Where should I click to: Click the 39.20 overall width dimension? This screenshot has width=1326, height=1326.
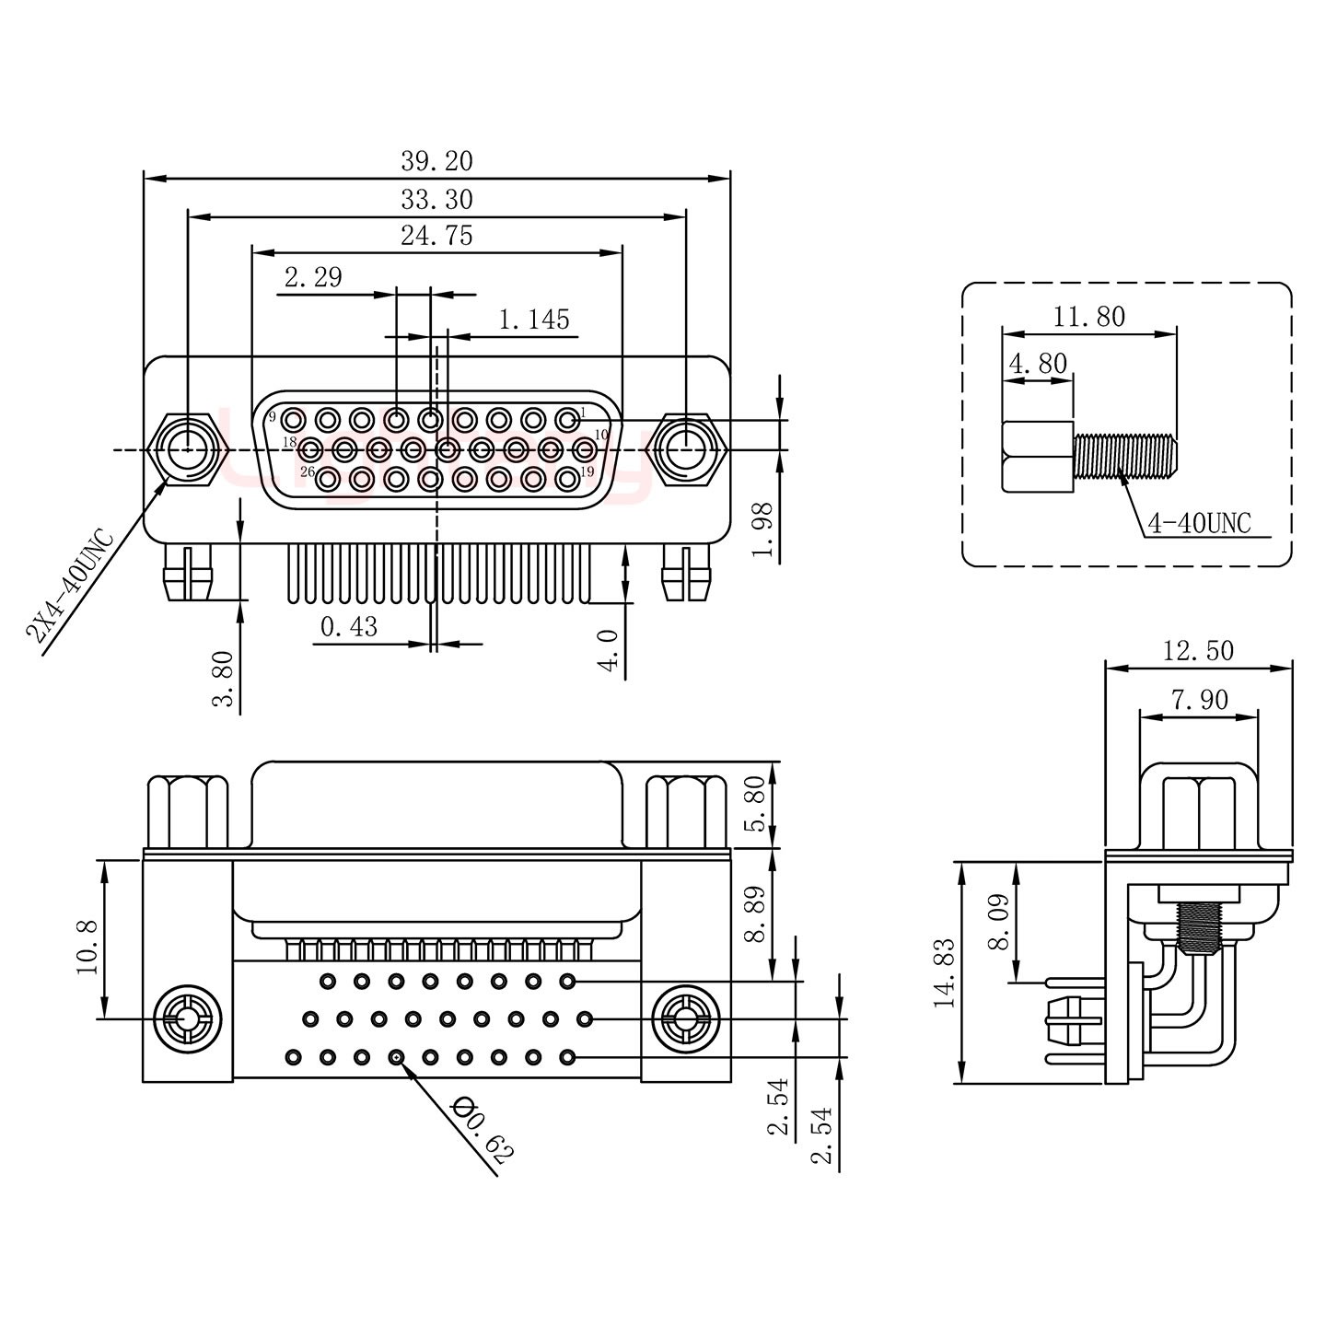[436, 161]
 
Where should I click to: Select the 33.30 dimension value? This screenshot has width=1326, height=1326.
[436, 199]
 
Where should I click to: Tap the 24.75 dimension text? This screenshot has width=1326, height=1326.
[436, 236]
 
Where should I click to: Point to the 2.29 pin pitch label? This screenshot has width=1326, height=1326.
[313, 277]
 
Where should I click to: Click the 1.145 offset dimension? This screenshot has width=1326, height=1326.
[534, 320]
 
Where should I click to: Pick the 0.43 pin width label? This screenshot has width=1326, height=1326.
[348, 627]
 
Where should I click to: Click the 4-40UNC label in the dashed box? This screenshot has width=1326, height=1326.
[1199, 524]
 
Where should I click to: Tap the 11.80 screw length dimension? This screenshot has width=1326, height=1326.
[1089, 317]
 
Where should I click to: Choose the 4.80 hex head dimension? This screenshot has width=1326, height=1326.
[1038, 363]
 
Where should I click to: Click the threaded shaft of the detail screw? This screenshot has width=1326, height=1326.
[1124, 456]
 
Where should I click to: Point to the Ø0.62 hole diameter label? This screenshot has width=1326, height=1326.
[483, 1131]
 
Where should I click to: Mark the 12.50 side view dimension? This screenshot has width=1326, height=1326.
[1197, 651]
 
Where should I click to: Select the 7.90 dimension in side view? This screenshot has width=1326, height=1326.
[1199, 700]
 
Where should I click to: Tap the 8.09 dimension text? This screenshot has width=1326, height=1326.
[1000, 922]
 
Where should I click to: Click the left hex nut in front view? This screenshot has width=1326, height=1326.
[187, 450]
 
